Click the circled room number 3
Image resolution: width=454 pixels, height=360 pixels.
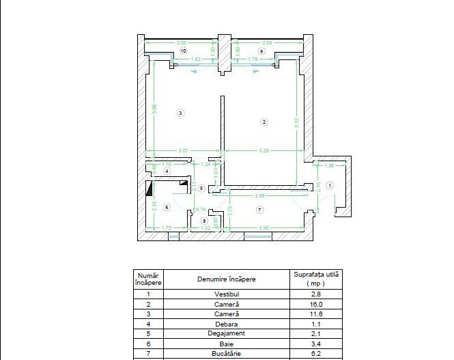click(180, 113)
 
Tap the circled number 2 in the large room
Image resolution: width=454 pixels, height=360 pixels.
click(265, 122)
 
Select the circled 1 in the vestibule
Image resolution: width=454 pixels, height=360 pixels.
click(330, 185)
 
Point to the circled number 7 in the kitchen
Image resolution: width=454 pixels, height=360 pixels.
click(259, 208)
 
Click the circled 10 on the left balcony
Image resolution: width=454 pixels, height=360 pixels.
click(182, 51)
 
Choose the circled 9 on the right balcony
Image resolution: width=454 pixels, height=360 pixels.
click(261, 51)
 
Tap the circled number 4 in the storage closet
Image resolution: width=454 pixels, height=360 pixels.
click(167, 171)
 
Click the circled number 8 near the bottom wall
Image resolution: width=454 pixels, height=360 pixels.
click(203, 221)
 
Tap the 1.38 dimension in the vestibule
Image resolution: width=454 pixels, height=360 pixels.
click(329, 166)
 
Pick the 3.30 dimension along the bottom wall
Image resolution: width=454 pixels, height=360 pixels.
click(263, 227)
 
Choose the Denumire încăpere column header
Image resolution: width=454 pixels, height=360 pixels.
click(226, 279)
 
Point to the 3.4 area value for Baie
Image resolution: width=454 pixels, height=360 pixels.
click(316, 344)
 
